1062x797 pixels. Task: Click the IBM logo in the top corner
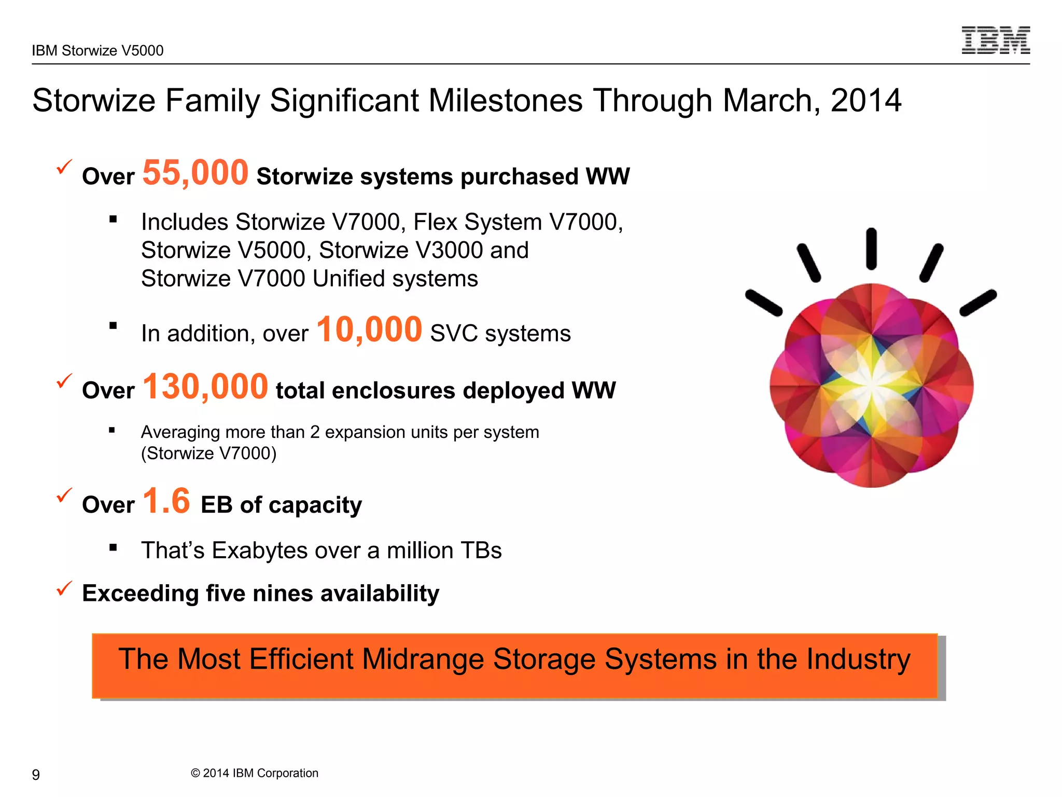pos(996,40)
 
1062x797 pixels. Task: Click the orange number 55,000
pos(195,173)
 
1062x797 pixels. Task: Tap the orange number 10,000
pos(369,330)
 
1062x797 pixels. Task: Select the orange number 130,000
pos(205,387)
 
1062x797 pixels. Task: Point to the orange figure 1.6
pos(166,501)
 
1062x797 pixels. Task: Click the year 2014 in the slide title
pos(865,100)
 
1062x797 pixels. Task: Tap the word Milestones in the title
pos(505,100)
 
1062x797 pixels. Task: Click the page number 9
pos(36,775)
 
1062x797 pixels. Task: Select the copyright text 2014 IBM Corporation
pos(255,773)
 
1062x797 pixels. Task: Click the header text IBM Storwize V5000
pos(97,50)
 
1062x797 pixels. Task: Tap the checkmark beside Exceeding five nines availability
pos(64,588)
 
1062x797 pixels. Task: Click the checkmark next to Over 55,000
pos(64,167)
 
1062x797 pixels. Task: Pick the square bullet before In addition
pos(113,326)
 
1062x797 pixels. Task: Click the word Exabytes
pos(260,551)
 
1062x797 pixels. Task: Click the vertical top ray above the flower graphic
pos(871,249)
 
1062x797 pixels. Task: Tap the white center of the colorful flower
pos(871,386)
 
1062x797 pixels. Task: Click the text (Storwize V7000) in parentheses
pos(208,454)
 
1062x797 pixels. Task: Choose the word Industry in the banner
pos(858,659)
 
